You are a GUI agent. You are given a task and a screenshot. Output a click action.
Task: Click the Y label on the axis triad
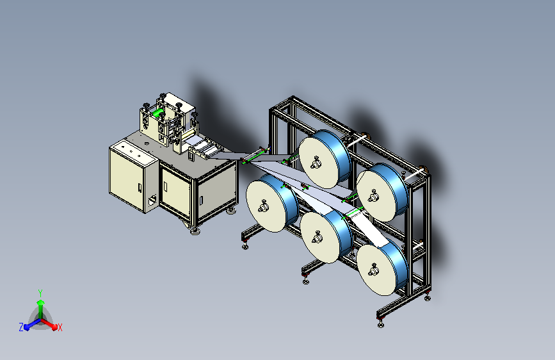pos(40,293)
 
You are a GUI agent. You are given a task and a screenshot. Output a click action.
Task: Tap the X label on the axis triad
pos(60,328)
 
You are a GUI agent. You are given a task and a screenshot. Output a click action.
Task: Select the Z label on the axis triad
pos(21,327)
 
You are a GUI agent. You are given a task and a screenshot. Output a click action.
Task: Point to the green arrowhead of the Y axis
pos(40,302)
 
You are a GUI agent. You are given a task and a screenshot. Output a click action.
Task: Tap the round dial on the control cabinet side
pos(152,200)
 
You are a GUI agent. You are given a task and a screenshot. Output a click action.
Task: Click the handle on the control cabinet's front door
pos(140,188)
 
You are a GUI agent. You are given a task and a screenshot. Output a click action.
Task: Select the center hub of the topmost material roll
pos(316,163)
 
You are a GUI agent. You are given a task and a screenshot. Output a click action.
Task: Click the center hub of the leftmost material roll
pos(263,206)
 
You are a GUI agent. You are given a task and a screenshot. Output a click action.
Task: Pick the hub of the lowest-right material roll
pos(373,271)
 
